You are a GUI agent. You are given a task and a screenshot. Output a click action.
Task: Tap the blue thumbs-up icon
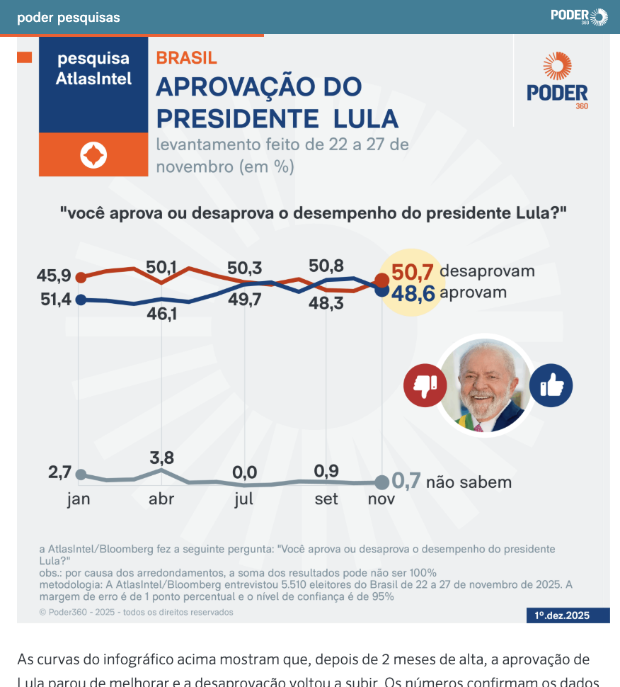(x=551, y=386)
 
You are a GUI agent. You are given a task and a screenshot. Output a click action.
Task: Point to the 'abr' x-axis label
(x=161, y=499)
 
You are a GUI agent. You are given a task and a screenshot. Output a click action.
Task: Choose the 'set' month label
(x=326, y=499)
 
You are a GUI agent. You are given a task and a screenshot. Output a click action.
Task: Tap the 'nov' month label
(x=381, y=499)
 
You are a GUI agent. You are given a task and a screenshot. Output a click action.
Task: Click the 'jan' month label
(x=79, y=499)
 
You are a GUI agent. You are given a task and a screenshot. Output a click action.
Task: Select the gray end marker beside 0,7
(x=381, y=482)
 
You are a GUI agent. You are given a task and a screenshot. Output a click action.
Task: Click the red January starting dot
(x=81, y=277)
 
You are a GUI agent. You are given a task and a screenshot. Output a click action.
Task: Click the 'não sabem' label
(x=468, y=482)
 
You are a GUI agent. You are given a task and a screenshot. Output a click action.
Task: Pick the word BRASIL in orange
(x=186, y=58)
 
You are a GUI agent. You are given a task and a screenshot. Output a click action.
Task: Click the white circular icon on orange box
(x=93, y=154)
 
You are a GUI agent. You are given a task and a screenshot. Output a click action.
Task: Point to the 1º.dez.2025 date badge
(x=568, y=615)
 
